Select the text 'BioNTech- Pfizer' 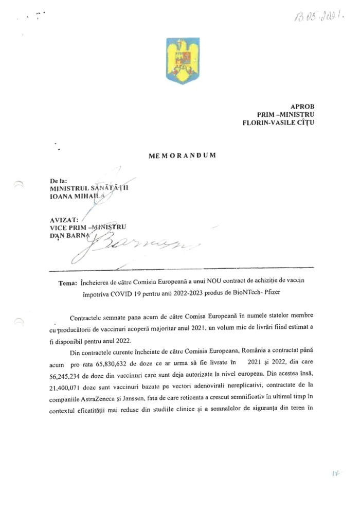click(275, 293)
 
